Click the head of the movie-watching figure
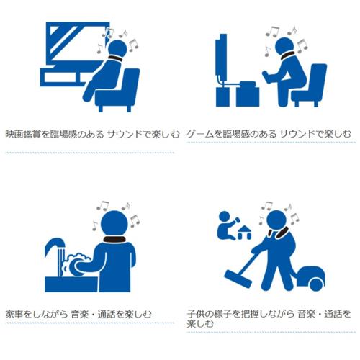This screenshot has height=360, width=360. coord(117,48)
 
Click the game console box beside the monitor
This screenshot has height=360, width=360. coord(248,94)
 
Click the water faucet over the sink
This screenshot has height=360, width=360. coord(55,247)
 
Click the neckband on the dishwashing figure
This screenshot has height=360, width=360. coord(114,239)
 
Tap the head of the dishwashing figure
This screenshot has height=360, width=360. coord(114,224)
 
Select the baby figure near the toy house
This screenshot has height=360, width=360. coord(228,225)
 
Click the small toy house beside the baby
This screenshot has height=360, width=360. coord(244,233)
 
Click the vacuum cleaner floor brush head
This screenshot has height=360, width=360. coord(238,279)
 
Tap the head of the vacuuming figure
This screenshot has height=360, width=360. coord(276,220)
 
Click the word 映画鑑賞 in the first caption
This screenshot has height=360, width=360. coord(23,134)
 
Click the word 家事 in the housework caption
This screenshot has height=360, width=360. coord(14,314)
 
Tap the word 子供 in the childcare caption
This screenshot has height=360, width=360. coord(196,314)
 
